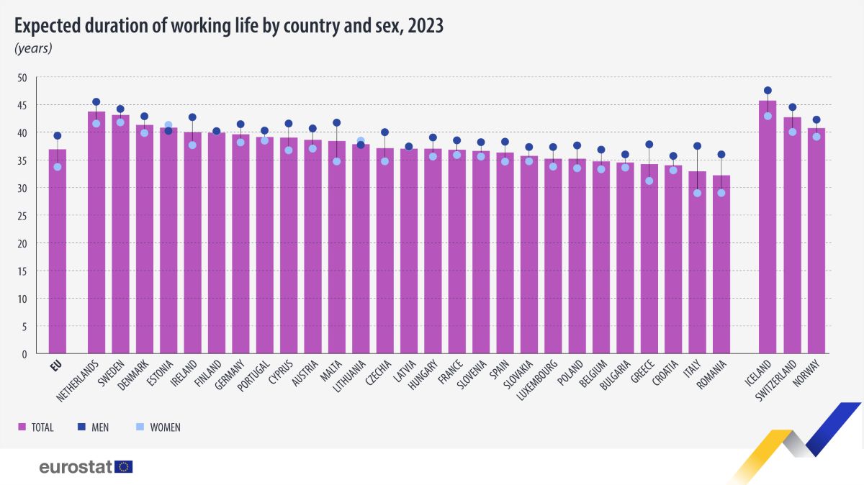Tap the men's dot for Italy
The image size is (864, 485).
tap(697, 146)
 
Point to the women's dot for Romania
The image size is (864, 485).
tap(721, 193)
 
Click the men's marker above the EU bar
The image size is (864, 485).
tap(58, 135)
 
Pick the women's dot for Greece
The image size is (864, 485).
tap(649, 181)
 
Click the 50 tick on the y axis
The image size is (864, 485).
tap(22, 78)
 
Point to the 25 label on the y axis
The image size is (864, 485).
tap(22, 216)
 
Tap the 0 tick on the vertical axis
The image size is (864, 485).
tap(24, 353)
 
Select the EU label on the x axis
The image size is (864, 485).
tap(57, 365)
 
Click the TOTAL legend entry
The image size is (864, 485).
tap(35, 427)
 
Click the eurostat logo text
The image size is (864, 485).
tap(76, 467)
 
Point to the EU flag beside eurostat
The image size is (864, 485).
tap(124, 467)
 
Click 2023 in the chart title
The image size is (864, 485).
tap(423, 26)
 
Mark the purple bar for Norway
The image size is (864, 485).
tap(816, 241)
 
